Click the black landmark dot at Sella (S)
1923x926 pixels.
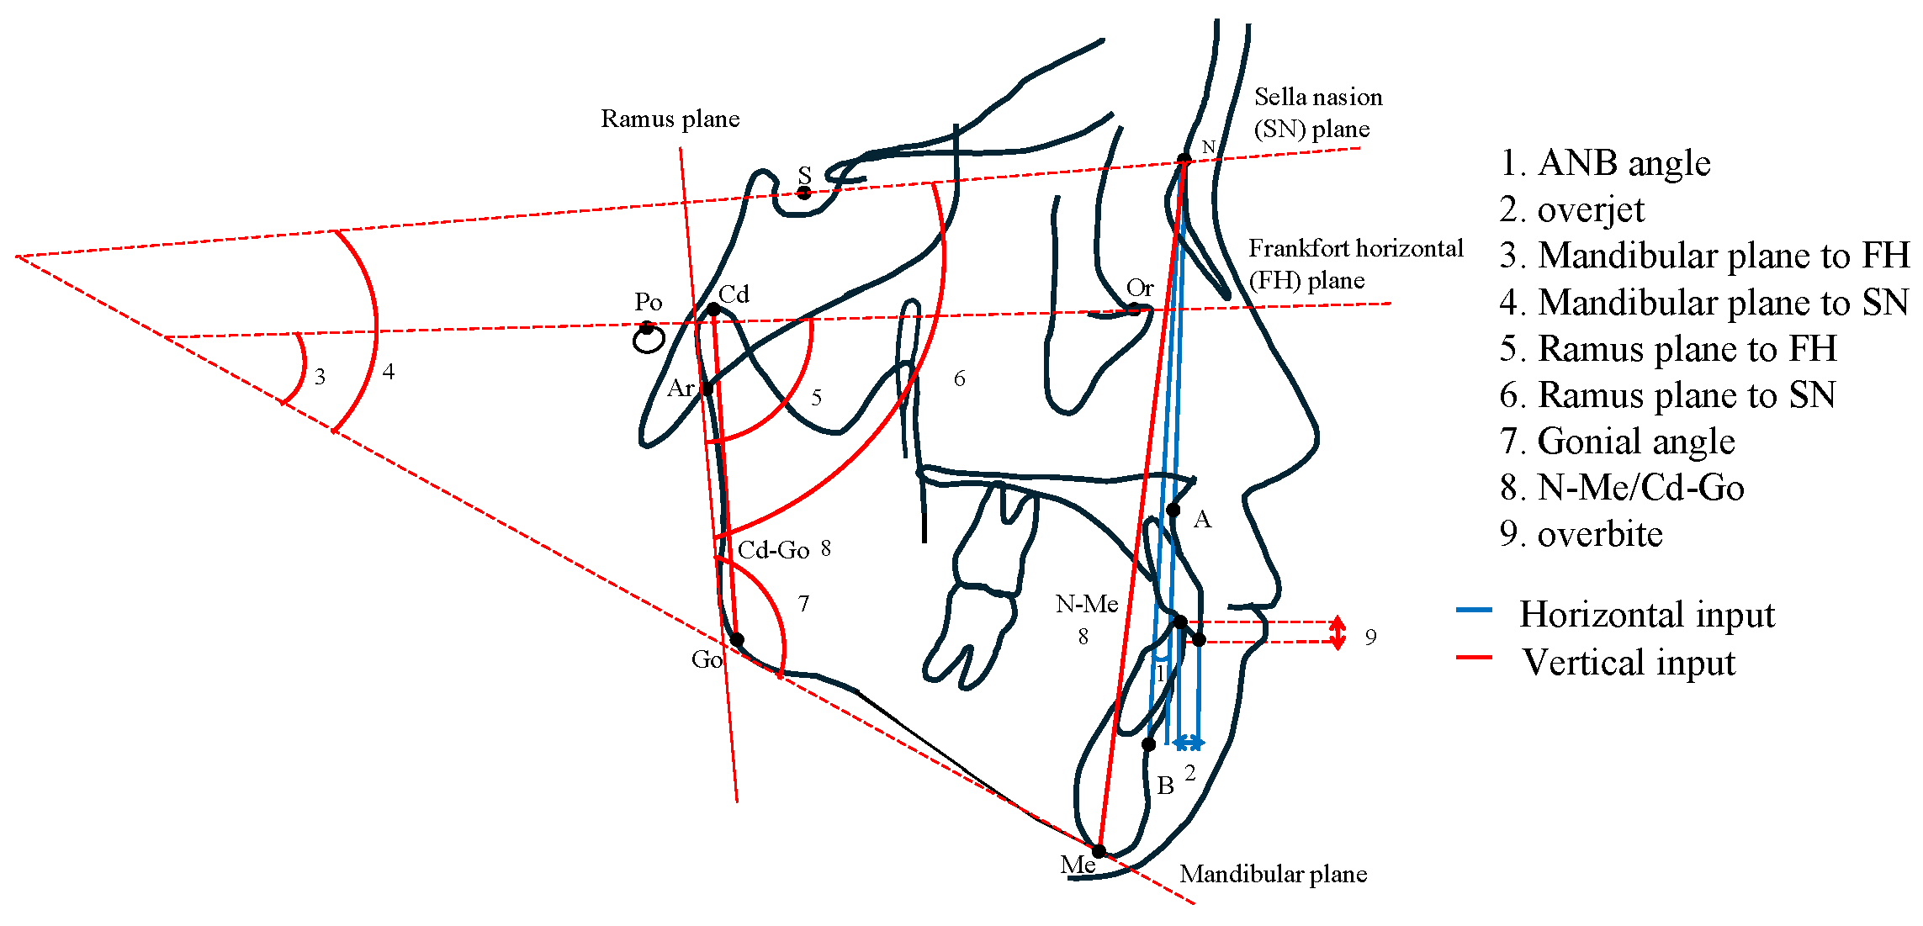coord(804,193)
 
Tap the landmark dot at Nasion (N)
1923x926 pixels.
coord(1184,160)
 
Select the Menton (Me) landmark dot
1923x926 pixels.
coord(1099,851)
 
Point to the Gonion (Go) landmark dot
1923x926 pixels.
coord(737,640)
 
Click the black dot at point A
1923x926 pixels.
coord(1173,510)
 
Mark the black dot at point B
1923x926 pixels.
coord(1148,743)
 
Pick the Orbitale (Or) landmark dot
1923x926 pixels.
coord(1134,309)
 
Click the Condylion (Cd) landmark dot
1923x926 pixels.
coord(713,310)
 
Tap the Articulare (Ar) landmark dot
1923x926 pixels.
coord(707,389)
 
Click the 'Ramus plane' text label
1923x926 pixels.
coord(670,119)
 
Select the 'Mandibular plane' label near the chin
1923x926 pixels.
coord(1273,875)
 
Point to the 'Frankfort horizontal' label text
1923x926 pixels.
coord(1355,249)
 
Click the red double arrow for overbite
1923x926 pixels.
coord(1338,632)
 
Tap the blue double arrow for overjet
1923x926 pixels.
coord(1189,743)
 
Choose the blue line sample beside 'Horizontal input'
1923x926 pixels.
coord(1474,610)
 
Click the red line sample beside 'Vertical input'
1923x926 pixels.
coord(1474,657)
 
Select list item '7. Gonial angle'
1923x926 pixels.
coord(1616,442)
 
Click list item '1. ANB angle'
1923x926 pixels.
coord(1604,163)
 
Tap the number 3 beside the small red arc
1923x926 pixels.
coord(320,377)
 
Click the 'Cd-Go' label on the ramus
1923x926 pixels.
coord(773,550)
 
